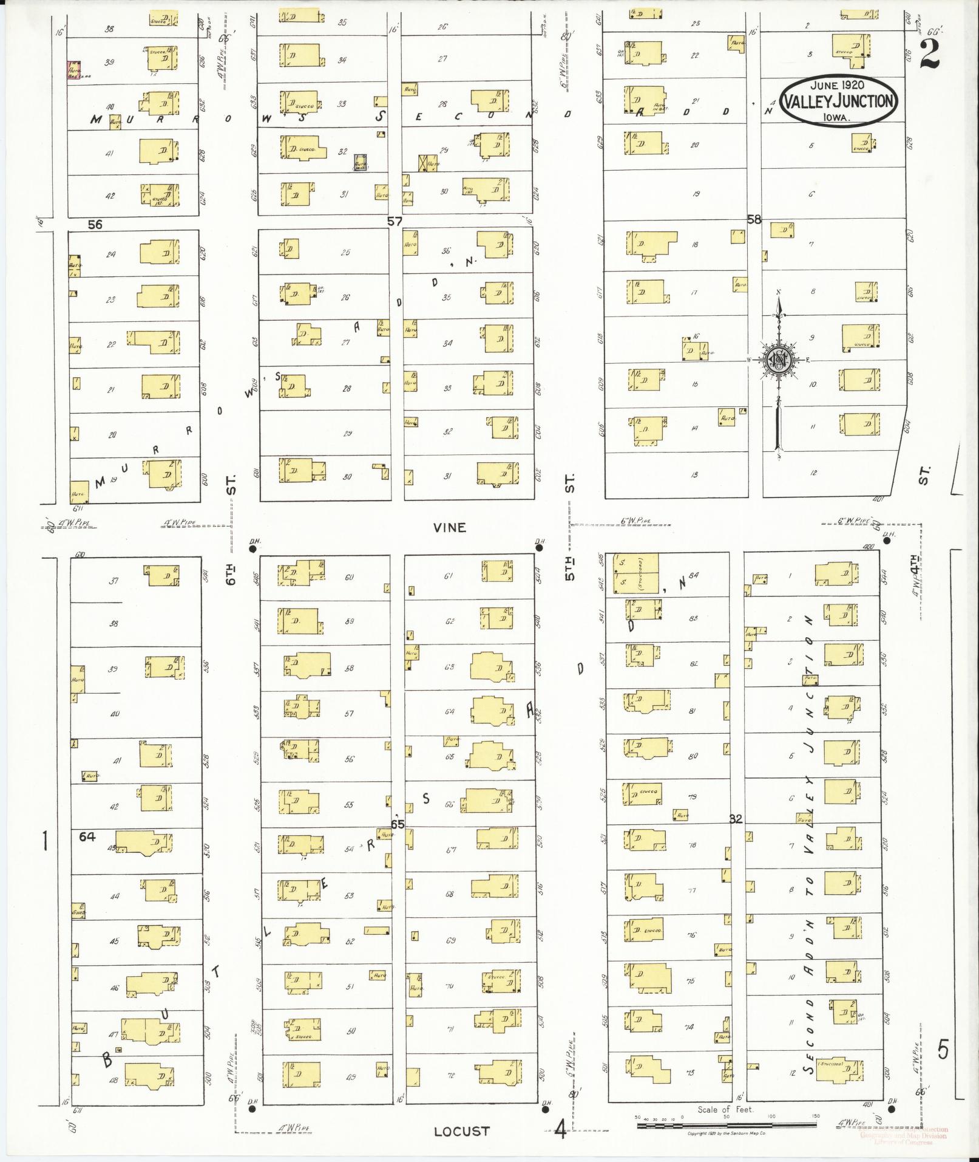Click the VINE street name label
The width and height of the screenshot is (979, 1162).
(x=450, y=527)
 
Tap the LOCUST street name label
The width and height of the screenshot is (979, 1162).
(x=462, y=1131)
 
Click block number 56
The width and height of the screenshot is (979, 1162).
(x=95, y=224)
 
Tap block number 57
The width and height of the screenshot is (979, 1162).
(x=395, y=222)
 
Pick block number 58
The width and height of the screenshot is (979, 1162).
(x=753, y=220)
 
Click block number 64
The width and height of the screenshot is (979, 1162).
(x=87, y=836)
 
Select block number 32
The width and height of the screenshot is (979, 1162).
(x=736, y=819)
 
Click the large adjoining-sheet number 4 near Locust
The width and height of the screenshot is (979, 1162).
(x=560, y=1130)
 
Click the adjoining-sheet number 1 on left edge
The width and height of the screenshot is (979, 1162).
(x=44, y=842)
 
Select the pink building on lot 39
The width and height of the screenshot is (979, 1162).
(x=74, y=70)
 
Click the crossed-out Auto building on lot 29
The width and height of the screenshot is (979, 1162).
(x=428, y=163)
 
